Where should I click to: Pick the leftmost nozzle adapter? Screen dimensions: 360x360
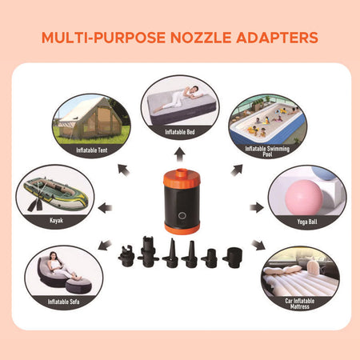click(126, 258)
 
